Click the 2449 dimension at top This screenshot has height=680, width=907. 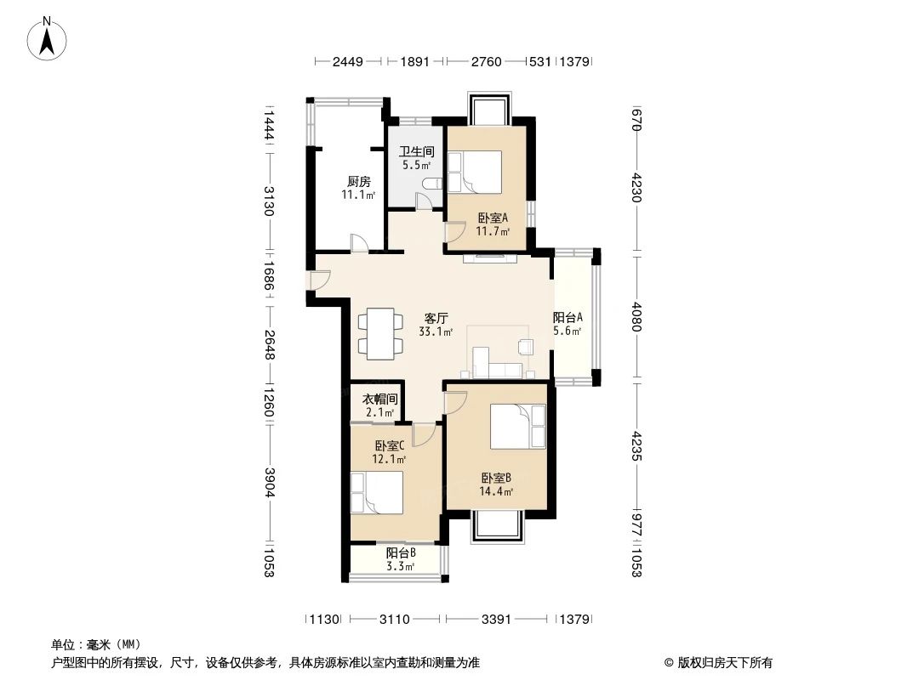348,61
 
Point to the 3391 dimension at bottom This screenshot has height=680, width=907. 496,620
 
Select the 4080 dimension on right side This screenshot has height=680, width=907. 636,316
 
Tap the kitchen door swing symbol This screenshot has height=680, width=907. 360,244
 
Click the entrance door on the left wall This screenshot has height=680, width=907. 317,280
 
